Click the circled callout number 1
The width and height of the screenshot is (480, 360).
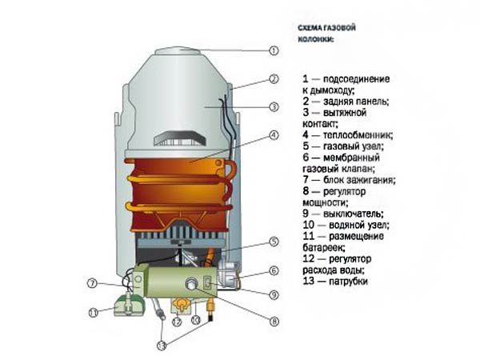click(x=274, y=50)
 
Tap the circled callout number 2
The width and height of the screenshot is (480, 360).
click(x=274, y=79)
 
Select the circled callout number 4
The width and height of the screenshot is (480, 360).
click(x=274, y=135)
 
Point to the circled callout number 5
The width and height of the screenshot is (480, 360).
click(x=274, y=242)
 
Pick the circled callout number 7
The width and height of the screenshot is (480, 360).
click(x=92, y=283)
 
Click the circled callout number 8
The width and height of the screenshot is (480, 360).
click(x=274, y=322)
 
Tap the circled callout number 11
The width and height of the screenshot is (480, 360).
click(x=94, y=313)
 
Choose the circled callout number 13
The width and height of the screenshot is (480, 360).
click(x=162, y=346)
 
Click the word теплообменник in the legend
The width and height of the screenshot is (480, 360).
click(x=358, y=135)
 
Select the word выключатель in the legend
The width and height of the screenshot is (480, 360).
click(x=354, y=214)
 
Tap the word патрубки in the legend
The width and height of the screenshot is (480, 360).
click(x=348, y=282)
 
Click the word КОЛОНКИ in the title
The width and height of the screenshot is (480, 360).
click(x=316, y=40)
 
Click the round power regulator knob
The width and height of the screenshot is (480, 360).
click(x=191, y=283)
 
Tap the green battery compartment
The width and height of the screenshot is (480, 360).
click(x=129, y=305)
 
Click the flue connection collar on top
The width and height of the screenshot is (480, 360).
click(x=178, y=51)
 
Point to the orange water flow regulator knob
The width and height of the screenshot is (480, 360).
click(x=180, y=305)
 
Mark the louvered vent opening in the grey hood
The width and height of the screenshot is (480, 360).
click(x=179, y=138)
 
